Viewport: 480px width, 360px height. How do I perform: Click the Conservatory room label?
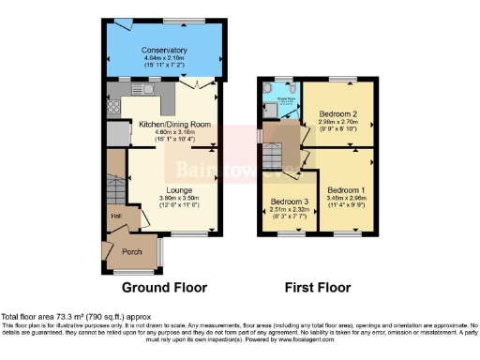[164, 50]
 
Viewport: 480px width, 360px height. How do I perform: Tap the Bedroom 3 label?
[289, 202]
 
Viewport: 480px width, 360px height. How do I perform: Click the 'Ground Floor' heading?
[166, 287]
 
